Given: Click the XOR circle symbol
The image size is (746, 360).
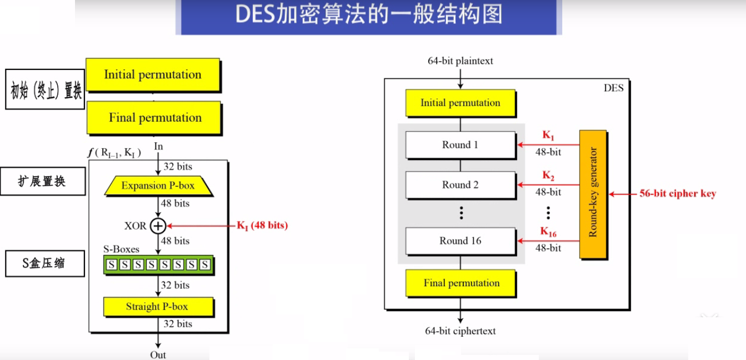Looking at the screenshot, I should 158,226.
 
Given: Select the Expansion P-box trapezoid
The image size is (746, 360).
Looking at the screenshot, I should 158,186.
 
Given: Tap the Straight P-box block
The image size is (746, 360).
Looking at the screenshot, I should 158,306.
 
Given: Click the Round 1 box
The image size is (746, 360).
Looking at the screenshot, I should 460,145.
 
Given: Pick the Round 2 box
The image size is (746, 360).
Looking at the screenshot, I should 460,185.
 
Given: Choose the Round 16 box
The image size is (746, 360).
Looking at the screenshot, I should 460,241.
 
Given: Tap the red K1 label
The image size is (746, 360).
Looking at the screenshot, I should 548,136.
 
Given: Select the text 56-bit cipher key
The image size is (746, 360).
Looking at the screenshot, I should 677,194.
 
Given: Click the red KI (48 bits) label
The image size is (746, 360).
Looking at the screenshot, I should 262,226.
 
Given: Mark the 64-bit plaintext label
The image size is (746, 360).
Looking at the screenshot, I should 460,61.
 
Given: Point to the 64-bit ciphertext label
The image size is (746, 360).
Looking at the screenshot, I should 460,331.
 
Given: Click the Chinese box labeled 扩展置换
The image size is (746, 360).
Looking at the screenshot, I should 45,182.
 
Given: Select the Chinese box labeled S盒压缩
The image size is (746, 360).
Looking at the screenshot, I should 45,263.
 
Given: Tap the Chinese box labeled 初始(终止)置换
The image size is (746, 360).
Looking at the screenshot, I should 45,89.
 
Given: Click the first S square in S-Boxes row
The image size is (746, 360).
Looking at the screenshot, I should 112,265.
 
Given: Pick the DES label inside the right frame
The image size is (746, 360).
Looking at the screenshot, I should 613,88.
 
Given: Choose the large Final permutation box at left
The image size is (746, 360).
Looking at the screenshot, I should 154,118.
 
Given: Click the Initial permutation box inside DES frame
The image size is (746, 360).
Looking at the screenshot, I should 460,103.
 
